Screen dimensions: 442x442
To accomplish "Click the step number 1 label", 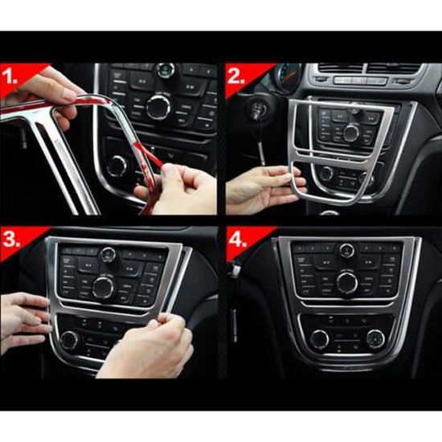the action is (10, 76).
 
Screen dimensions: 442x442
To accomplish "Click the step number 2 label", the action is (236, 76).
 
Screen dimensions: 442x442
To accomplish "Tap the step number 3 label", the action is (11, 239).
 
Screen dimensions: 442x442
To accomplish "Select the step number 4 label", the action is (238, 239).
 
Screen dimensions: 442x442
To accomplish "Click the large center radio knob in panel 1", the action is (158, 107).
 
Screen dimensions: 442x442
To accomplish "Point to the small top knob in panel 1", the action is (166, 71).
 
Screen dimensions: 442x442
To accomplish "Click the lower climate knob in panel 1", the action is (117, 166).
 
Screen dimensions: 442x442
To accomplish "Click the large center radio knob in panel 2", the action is (351, 133).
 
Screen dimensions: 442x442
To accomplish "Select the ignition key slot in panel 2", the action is (257, 108).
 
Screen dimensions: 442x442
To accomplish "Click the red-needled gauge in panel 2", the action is (286, 76).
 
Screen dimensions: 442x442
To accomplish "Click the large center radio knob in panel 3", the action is (103, 287).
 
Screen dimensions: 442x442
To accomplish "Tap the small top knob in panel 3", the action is (108, 254).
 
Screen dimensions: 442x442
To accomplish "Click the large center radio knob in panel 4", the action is (347, 283).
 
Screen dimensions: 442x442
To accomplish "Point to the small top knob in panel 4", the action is (347, 250).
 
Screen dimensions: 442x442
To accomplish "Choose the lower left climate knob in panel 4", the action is (319, 338).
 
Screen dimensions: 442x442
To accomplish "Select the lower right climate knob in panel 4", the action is (375, 338).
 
